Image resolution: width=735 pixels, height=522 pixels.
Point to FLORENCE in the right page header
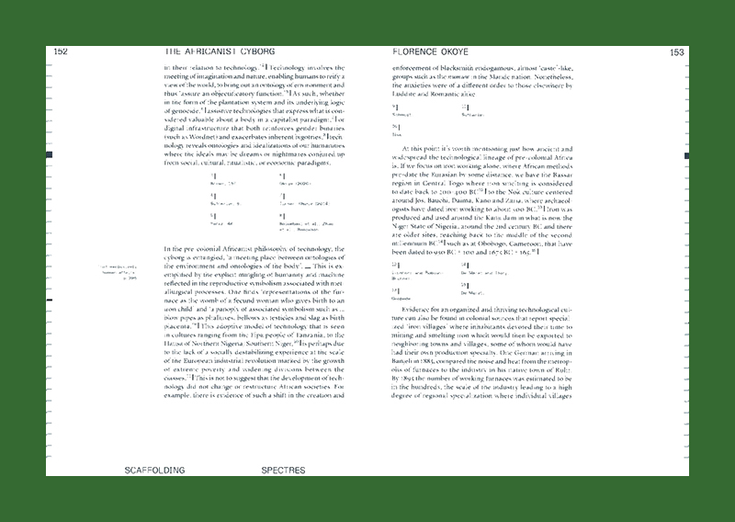[x=421, y=52]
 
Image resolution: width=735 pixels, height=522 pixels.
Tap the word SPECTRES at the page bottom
[x=289, y=470]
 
